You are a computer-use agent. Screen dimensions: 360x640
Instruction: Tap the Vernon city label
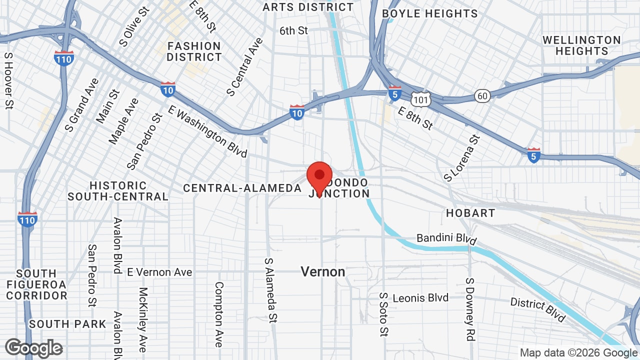(x=323, y=272)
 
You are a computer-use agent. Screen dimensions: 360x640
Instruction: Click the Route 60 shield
(x=482, y=96)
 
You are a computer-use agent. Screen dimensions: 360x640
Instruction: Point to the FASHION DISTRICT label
(x=194, y=51)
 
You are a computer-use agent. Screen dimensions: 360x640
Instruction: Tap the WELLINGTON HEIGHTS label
(x=581, y=45)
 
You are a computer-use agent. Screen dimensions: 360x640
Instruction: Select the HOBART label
(x=470, y=213)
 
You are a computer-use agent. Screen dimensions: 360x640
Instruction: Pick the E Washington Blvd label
(x=208, y=131)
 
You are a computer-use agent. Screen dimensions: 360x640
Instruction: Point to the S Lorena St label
(x=461, y=158)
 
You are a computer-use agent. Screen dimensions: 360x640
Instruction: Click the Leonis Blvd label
(x=420, y=298)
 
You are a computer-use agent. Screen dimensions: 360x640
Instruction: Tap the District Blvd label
(x=537, y=309)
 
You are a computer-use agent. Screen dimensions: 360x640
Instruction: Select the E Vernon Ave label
(x=159, y=272)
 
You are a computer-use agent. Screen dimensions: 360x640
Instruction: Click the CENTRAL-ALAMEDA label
(x=242, y=188)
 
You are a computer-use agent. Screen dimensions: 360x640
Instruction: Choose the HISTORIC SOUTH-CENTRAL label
(x=118, y=191)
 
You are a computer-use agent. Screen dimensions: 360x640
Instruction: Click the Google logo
(x=34, y=348)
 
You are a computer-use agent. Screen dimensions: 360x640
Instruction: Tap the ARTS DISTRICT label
(x=308, y=7)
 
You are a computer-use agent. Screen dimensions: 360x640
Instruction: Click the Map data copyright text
(x=579, y=353)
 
